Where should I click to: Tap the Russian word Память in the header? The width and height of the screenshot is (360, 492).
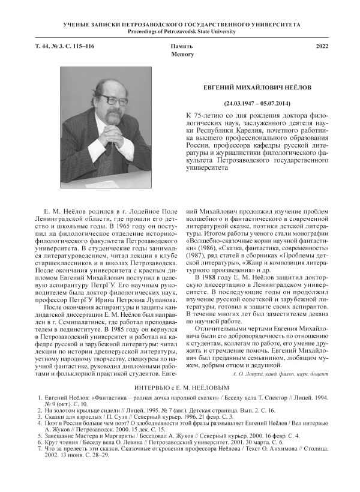click(x=182, y=46)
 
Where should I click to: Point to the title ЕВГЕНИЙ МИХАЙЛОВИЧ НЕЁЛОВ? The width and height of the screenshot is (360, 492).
click(x=263, y=87)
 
